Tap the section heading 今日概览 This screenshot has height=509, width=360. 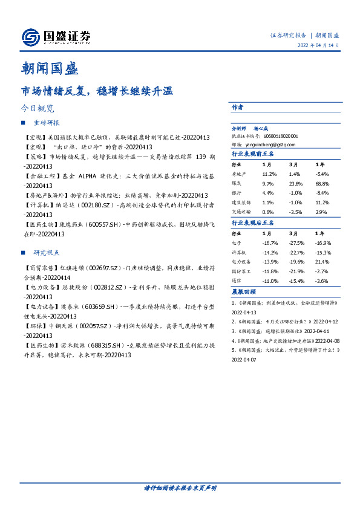(x=38, y=109)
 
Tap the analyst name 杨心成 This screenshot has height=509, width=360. (x=261, y=129)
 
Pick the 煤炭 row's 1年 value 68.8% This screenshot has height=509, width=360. (x=322, y=183)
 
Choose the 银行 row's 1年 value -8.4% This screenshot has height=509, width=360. (x=321, y=193)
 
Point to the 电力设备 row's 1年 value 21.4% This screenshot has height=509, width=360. (x=321, y=261)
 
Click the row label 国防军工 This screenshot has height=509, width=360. (x=241, y=271)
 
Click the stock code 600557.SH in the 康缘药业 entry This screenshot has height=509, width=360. (x=90, y=224)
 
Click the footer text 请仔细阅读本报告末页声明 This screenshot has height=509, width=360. (x=180, y=487)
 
